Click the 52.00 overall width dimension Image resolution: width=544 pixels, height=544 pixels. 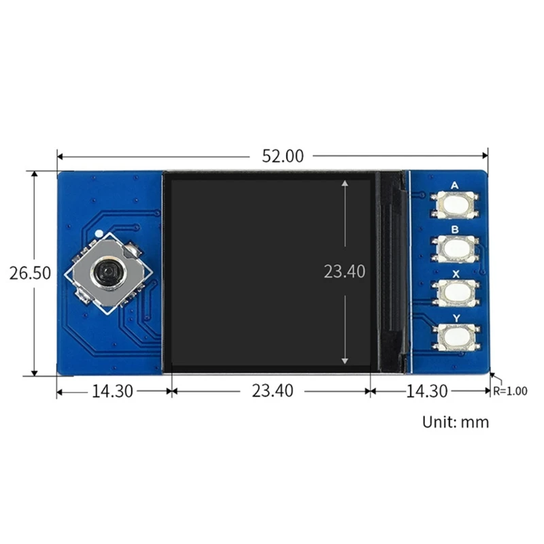(x=282, y=155)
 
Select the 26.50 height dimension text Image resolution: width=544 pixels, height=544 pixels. (x=30, y=273)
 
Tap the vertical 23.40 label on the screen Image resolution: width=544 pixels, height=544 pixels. (x=344, y=271)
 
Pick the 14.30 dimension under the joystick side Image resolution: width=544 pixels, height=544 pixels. (x=112, y=391)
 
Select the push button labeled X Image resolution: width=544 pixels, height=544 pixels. (x=455, y=291)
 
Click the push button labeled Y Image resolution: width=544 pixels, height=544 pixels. (x=455, y=335)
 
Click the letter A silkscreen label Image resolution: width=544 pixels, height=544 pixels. (x=455, y=185)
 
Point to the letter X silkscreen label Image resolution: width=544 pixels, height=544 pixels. (x=455, y=272)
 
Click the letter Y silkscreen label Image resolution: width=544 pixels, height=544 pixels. (x=455, y=316)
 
